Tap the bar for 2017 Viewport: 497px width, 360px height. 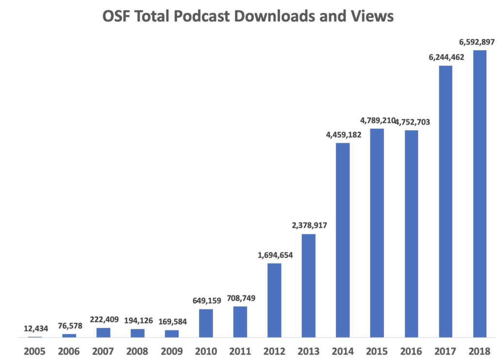point(446,201)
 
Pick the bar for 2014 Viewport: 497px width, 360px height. point(343,240)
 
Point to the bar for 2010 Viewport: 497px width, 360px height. point(206,323)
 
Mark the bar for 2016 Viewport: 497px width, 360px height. point(411,234)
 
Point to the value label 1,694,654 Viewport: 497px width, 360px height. point(275,255)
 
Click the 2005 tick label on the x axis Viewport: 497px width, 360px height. point(34,351)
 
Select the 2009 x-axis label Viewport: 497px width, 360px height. point(171,351)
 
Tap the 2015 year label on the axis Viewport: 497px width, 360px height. point(377,351)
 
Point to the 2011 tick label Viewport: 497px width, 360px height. point(240,351)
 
